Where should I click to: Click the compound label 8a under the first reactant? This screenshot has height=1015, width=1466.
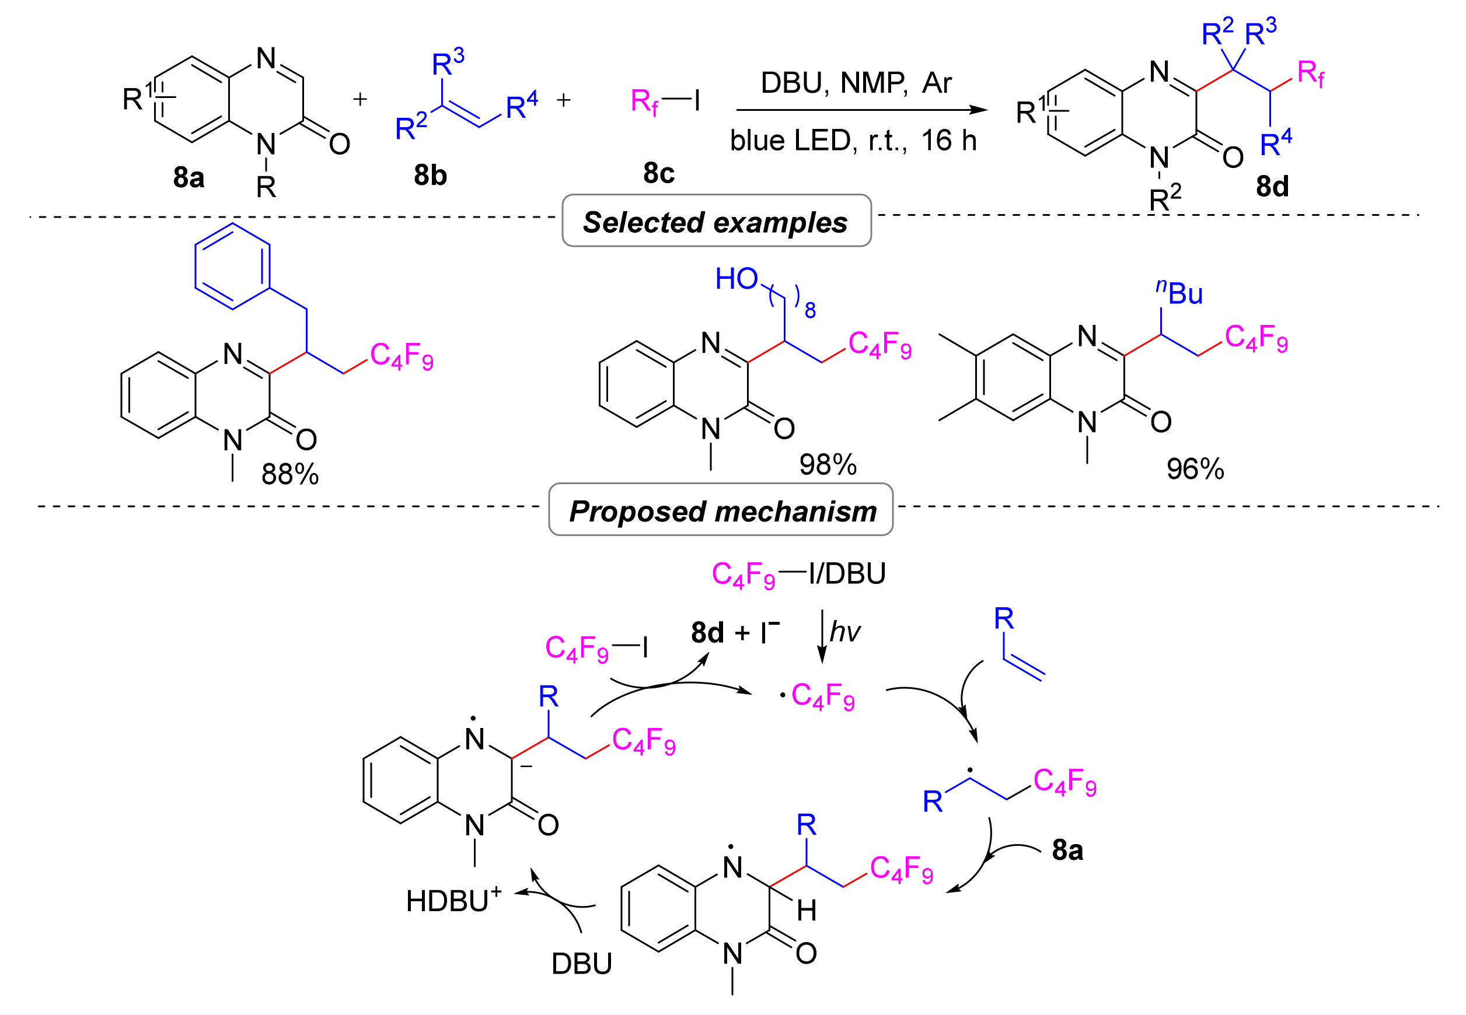189,177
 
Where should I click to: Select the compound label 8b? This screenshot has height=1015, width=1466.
430,175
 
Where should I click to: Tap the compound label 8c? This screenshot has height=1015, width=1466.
658,173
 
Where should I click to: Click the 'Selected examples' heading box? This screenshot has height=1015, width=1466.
716,221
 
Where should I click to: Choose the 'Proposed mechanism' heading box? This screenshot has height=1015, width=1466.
721,510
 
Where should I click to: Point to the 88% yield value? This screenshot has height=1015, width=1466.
290,474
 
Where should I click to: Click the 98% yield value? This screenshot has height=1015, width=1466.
828,465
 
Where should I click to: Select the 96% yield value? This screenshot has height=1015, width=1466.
1195,470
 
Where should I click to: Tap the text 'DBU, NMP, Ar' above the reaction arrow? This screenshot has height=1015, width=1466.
856,83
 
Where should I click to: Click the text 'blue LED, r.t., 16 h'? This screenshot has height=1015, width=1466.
853,141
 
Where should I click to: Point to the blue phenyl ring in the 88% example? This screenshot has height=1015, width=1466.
232,266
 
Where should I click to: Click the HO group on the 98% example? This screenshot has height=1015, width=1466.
736,279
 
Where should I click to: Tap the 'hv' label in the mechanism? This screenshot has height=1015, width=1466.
845,632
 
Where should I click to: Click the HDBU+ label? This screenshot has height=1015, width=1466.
453,901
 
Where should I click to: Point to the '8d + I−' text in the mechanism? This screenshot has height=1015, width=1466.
735,633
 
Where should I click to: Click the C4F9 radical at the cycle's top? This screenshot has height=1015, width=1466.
819,696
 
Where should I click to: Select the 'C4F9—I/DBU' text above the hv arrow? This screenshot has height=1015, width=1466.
798,574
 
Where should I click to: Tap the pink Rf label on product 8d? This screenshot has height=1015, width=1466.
1311,75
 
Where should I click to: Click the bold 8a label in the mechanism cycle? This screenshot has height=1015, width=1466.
1067,850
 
